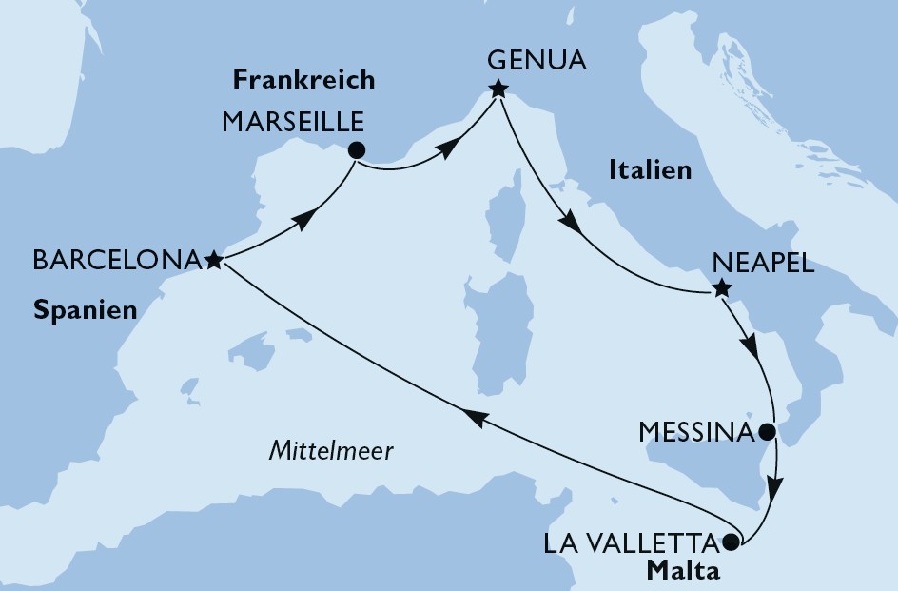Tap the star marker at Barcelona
coord(214,259)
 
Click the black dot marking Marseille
coord(356,149)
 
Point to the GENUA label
coord(536,62)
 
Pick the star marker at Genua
coord(498,90)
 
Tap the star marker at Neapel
coord(721,289)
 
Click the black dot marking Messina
coord(769,431)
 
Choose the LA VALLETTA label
coord(631,543)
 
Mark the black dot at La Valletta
coord(731,543)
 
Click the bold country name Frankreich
coord(303,80)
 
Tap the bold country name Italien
coord(648,171)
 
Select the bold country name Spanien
coord(84,310)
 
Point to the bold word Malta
coord(684,571)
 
